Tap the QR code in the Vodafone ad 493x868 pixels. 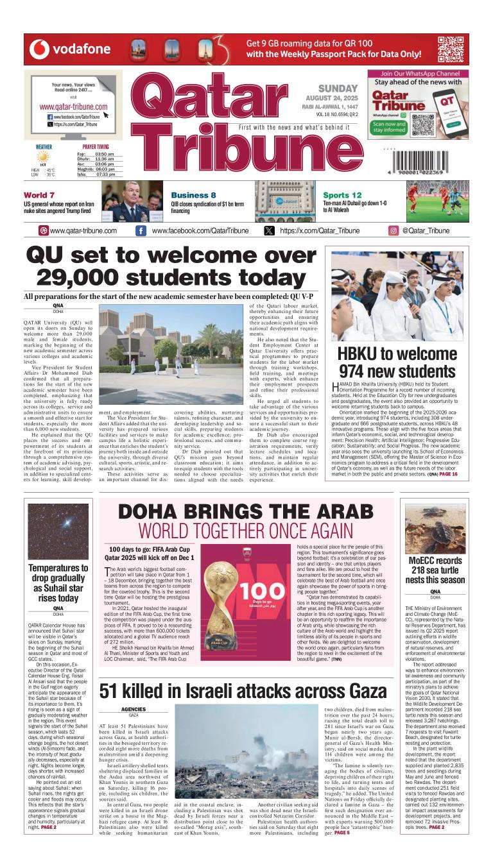click(x=451, y=49)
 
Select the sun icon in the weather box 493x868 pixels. click(x=43, y=157)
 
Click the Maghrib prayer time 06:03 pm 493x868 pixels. click(x=105, y=169)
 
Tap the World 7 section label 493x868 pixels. click(x=39, y=195)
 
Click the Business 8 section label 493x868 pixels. click(x=193, y=195)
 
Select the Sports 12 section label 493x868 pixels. click(x=342, y=195)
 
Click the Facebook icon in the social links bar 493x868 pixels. click(x=141, y=231)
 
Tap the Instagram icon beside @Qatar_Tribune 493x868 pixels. click(x=394, y=231)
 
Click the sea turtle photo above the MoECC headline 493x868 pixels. click(x=435, y=529)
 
